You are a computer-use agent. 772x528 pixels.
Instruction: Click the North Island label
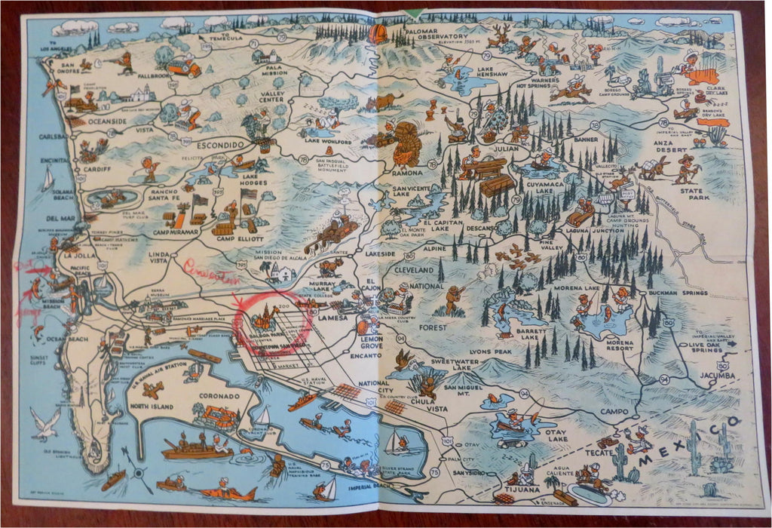click(151, 406)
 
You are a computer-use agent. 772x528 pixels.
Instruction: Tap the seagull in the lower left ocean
click(44, 424)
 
